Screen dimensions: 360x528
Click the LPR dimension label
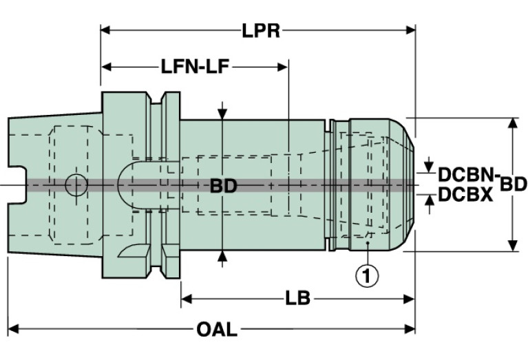261,31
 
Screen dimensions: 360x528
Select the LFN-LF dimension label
195,67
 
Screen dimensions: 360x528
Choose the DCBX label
465,195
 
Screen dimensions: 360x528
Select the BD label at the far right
514,184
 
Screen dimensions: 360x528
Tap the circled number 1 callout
366,276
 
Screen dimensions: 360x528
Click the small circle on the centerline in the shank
76,184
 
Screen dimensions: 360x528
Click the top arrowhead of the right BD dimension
513,123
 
